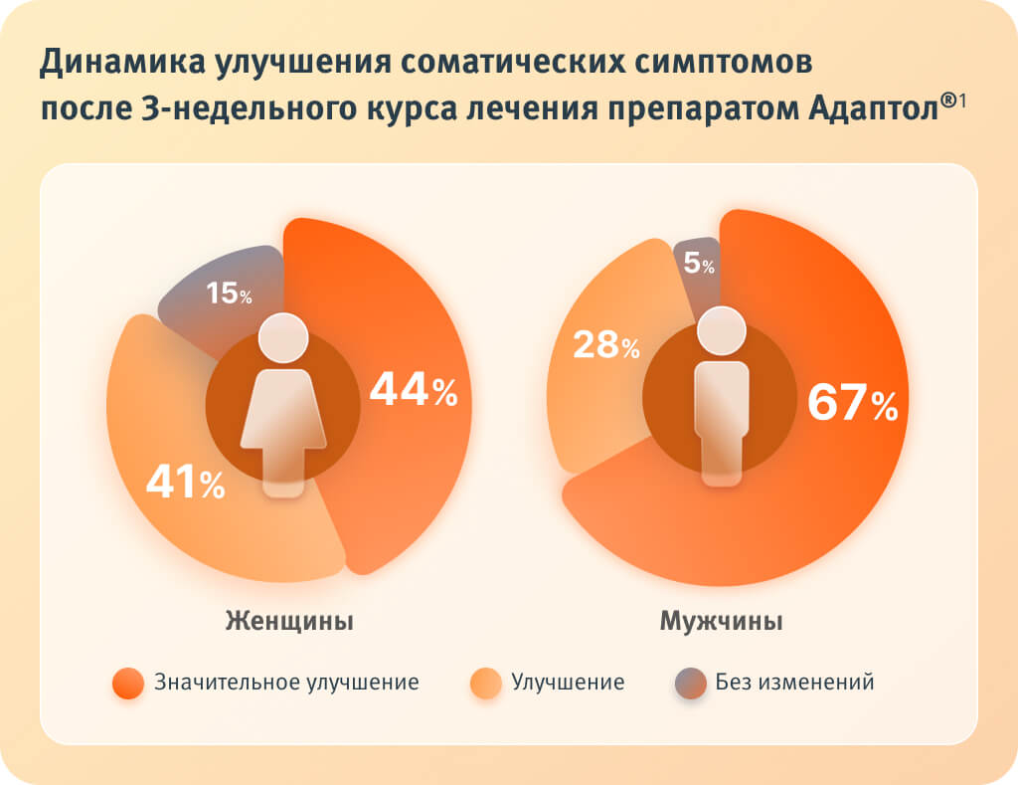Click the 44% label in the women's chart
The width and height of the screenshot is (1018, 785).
pyautogui.click(x=413, y=389)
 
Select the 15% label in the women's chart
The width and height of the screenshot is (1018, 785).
pyautogui.click(x=229, y=294)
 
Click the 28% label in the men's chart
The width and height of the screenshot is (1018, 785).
pyautogui.click(x=606, y=345)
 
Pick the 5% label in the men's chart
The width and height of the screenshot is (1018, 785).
pyautogui.click(x=700, y=265)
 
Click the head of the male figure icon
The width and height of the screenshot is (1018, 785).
pyautogui.click(x=722, y=331)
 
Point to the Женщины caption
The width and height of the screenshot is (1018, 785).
pyautogui.click(x=289, y=622)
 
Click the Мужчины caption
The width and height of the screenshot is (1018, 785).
pyautogui.click(x=722, y=622)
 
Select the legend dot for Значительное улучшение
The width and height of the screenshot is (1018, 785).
pyautogui.click(x=128, y=684)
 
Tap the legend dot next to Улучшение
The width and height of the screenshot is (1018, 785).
pyautogui.click(x=486, y=684)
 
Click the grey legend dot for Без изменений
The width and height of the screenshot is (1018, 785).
pyautogui.click(x=690, y=684)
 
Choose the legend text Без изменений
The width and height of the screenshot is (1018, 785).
pyautogui.click(x=794, y=683)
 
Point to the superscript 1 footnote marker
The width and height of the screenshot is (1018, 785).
pyautogui.click(x=964, y=97)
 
